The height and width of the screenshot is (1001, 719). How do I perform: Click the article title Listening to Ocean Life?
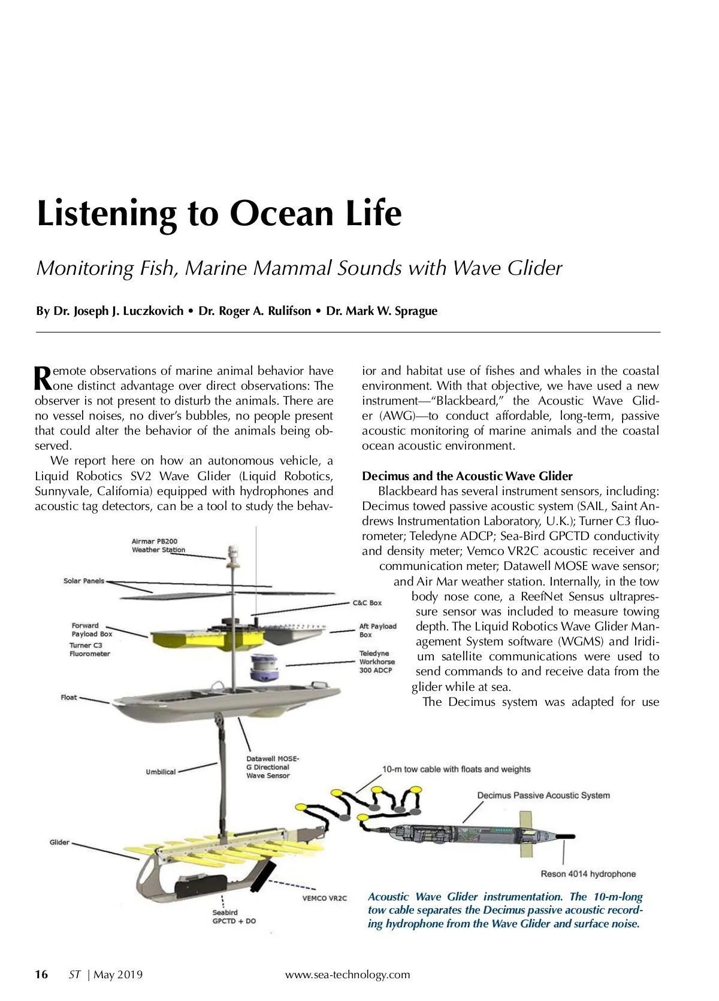tap(219, 213)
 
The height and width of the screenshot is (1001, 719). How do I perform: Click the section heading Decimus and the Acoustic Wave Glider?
tap(467, 476)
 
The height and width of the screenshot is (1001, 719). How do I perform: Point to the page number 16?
tap(41, 974)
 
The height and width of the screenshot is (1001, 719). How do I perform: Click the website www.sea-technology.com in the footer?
tap(348, 974)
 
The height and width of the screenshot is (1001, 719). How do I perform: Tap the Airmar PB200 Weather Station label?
tap(158, 545)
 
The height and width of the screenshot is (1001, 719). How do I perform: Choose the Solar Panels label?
tap(84, 581)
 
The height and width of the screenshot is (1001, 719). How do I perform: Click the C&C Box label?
tap(367, 602)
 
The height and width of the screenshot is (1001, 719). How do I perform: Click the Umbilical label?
tap(161, 772)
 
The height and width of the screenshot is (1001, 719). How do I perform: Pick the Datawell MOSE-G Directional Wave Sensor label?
tap(272, 767)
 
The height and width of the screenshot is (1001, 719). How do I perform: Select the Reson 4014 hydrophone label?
tap(588, 874)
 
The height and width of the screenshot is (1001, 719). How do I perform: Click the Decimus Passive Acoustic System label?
tap(543, 795)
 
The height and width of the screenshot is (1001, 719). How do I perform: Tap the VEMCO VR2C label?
tap(324, 898)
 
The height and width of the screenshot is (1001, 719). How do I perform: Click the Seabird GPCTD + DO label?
tap(234, 917)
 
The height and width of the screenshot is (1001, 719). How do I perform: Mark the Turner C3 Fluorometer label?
tap(90, 650)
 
